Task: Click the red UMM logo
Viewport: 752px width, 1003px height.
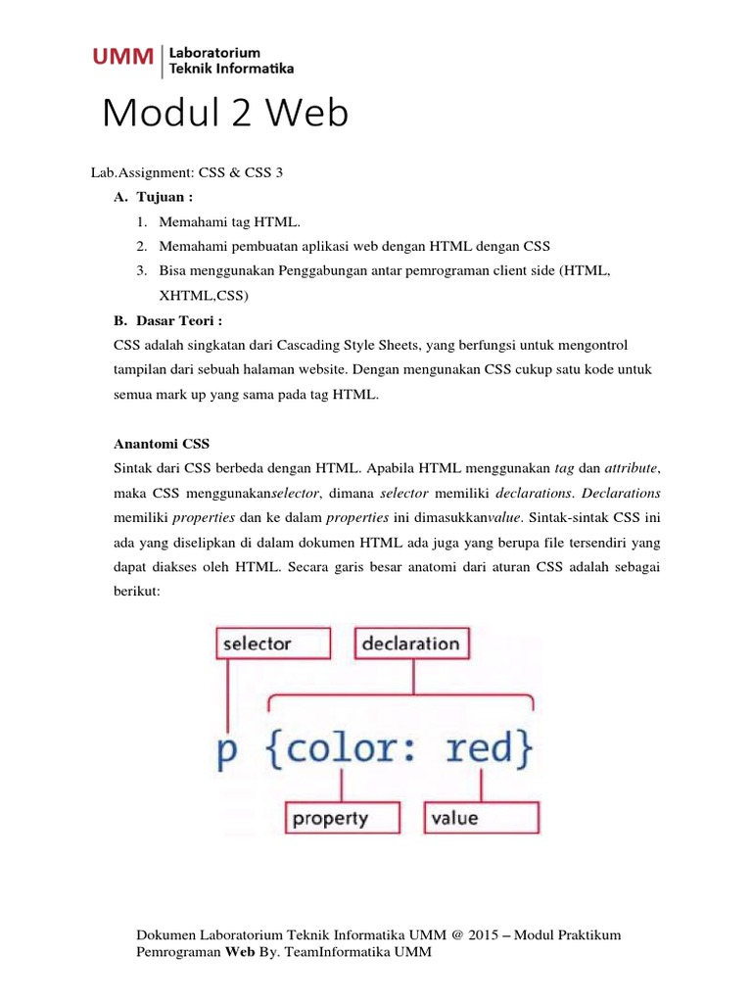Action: tap(122, 58)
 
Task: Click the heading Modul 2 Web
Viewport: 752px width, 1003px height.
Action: tap(225, 115)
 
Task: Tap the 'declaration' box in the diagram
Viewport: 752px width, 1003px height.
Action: tap(410, 644)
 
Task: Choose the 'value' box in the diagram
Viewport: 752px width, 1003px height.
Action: tap(481, 818)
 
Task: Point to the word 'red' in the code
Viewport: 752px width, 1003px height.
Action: tap(486, 748)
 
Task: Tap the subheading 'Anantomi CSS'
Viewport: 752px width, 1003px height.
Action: tap(163, 444)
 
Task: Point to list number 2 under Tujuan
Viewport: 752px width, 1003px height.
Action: tap(142, 245)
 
